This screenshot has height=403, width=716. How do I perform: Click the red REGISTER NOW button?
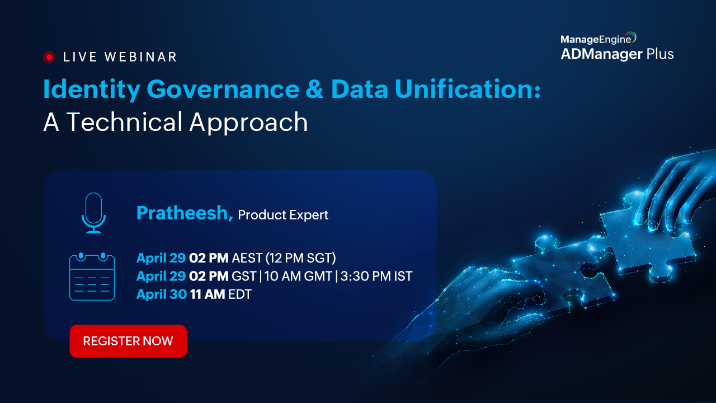click(128, 341)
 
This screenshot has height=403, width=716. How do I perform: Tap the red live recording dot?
click(49, 57)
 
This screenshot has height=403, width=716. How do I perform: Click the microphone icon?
click(93, 213)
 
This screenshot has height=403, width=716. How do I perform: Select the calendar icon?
click(92, 277)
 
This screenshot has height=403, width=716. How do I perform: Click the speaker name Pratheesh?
click(182, 213)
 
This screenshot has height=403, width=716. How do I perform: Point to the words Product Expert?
click(283, 215)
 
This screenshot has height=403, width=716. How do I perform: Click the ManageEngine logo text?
click(596, 39)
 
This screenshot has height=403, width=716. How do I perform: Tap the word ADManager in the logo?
click(601, 54)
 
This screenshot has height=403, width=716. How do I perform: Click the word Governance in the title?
click(223, 89)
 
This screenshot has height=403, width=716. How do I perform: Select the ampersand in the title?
click(315, 89)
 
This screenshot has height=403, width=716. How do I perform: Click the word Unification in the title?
click(468, 88)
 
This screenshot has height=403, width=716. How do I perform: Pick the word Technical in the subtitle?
click(124, 122)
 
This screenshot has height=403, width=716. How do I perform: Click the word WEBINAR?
click(140, 57)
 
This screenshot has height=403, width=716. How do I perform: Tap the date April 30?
click(162, 294)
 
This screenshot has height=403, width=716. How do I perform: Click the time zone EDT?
click(240, 294)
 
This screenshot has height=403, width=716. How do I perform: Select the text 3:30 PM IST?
click(376, 276)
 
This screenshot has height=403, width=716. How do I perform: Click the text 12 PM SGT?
click(301, 258)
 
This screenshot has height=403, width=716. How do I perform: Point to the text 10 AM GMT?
click(298, 276)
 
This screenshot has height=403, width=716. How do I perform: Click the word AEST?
click(247, 258)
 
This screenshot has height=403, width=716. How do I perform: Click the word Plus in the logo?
click(660, 54)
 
